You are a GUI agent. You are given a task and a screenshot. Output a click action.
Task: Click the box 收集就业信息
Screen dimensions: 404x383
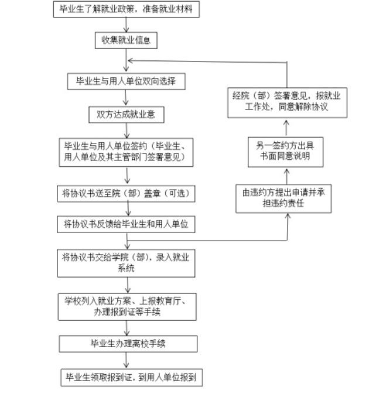coord(126,40)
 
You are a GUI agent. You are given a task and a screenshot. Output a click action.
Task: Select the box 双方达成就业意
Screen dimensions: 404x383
coord(126,114)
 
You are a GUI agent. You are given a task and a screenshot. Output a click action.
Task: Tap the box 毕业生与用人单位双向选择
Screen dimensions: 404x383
coord(126,81)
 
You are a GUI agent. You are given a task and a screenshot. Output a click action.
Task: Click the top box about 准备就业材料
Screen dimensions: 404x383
coord(126,9)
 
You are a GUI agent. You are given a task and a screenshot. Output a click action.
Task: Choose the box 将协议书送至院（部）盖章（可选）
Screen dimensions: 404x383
coord(126,193)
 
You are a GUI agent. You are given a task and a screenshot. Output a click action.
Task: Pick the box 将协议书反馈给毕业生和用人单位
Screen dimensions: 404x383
coord(126,224)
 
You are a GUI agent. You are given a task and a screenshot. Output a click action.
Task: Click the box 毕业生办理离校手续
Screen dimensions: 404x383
coord(128,344)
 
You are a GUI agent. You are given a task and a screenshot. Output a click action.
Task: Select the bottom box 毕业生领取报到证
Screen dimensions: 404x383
coord(132,377)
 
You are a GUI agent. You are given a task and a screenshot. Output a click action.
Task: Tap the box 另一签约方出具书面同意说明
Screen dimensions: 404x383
coord(286,151)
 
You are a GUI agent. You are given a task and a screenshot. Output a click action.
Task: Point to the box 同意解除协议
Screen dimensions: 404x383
coord(286,102)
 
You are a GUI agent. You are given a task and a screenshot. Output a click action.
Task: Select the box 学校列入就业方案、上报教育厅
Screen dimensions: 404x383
coord(126,306)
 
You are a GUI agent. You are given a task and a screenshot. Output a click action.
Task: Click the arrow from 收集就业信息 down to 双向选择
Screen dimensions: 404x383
coord(126,60)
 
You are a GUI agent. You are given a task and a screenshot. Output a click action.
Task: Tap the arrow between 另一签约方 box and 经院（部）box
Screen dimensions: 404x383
coord(286,127)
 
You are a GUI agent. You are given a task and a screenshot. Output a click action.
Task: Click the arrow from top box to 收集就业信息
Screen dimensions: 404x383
coord(126,25)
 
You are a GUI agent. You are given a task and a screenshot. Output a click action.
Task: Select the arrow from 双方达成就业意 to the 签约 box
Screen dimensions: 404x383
coord(125,130)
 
